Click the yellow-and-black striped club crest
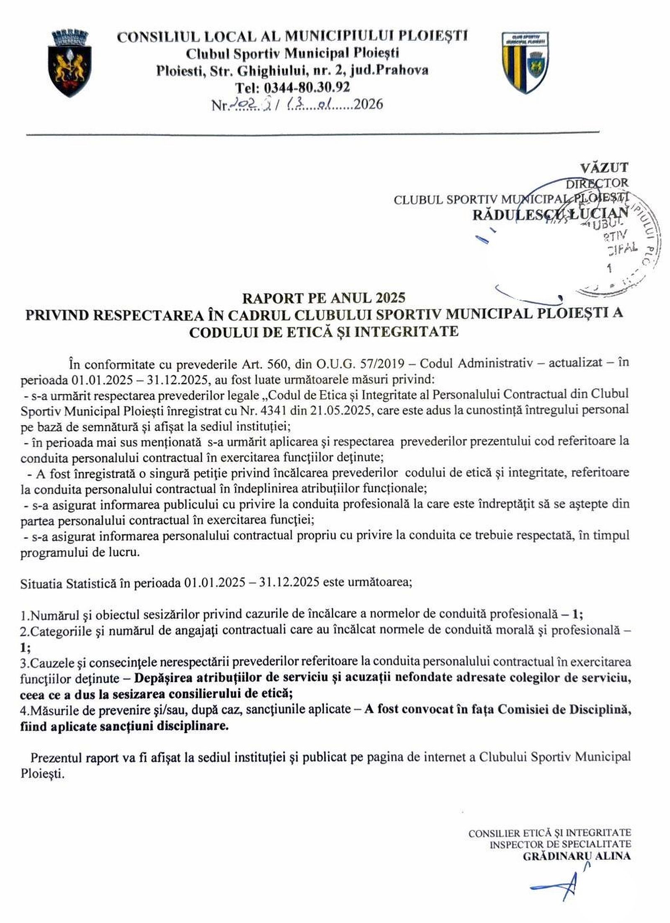525,63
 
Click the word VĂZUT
604,168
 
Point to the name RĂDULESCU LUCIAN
550,214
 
